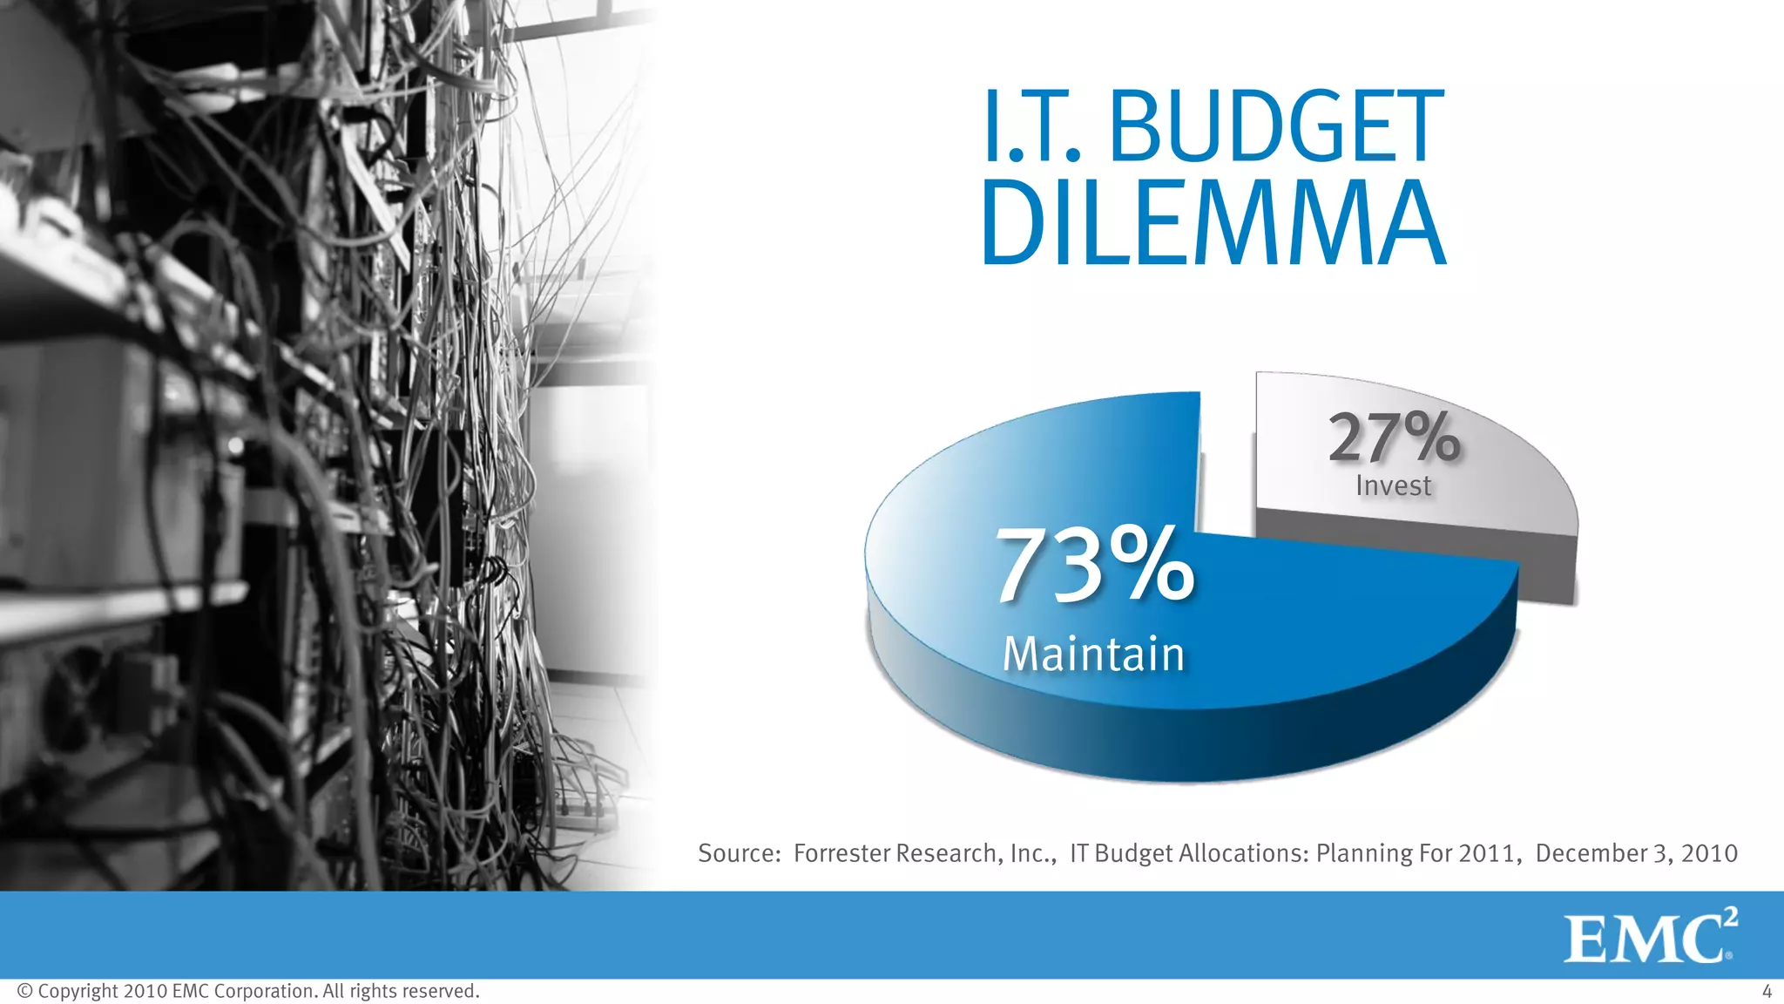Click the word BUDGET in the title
(1276, 127)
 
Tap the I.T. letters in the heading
(1033, 127)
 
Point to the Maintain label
(1093, 654)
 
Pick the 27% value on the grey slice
(1394, 438)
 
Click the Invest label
(1393, 485)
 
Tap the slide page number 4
(1767, 991)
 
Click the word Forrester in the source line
(842, 852)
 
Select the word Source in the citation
(737, 852)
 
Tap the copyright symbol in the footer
(24, 991)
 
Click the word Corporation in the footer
(265, 991)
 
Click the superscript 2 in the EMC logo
(1730, 918)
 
